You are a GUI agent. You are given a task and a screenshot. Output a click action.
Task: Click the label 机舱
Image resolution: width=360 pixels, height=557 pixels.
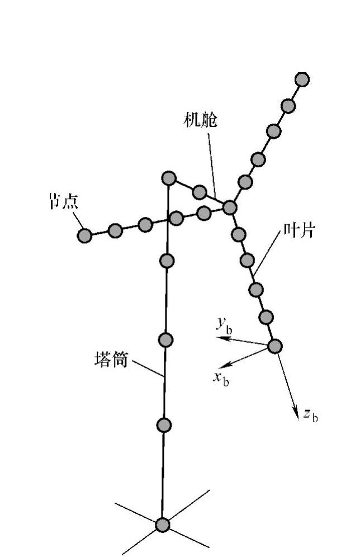click(200, 120)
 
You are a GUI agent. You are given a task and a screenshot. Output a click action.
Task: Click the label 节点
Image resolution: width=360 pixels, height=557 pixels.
click(63, 201)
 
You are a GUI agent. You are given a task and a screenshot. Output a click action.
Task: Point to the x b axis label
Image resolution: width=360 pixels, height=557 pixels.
click(221, 377)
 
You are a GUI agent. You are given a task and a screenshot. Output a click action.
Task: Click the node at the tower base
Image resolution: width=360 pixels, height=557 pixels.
click(162, 525)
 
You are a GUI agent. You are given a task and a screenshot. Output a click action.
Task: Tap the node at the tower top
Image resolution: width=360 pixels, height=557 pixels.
click(169, 178)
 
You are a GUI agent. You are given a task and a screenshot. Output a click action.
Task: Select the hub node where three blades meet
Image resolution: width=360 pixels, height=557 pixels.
click(230, 207)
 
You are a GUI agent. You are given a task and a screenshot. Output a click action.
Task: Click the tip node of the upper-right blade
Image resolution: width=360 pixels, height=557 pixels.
click(302, 79)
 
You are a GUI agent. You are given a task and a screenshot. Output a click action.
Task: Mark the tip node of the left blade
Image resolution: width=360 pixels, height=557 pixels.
click(84, 235)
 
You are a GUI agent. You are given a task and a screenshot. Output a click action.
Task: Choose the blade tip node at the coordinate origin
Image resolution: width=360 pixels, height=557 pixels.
click(274, 346)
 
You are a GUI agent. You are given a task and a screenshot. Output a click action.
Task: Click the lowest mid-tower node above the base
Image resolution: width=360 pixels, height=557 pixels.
click(163, 426)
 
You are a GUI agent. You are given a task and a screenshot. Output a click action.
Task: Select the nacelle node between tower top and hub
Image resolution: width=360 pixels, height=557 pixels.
click(200, 193)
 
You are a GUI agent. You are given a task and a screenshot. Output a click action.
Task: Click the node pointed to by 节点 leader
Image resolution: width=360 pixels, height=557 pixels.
click(84, 235)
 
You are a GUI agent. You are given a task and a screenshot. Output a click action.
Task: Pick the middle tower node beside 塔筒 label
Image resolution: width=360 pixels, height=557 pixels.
click(165, 339)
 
